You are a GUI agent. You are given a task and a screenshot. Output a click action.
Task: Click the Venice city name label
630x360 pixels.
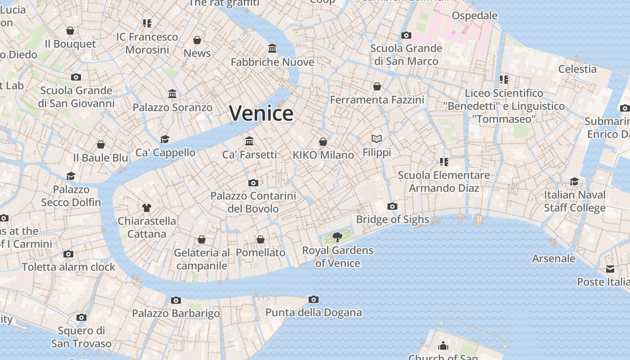tap(261, 113)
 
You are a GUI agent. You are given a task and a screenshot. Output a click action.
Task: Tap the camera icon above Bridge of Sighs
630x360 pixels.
tap(392, 206)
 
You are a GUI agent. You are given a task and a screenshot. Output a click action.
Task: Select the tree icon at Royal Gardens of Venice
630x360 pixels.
tap(337, 237)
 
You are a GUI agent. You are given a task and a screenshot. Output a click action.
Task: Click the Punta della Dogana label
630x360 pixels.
tap(314, 312)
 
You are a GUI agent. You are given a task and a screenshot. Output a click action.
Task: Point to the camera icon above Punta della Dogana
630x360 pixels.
tap(314, 299)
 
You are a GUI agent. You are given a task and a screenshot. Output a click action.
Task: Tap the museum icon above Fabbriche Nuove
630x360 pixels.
tap(272, 48)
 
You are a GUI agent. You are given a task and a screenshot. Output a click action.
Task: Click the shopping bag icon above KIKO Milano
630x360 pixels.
tap(323, 142)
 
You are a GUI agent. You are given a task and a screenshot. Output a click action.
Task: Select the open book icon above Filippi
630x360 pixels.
tap(377, 139)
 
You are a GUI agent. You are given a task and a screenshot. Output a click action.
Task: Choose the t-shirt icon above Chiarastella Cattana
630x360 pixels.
tap(147, 207)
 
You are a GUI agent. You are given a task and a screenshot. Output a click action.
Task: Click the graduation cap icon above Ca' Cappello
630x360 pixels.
tap(165, 139)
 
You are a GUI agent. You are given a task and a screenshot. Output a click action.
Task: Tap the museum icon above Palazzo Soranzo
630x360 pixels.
tap(172, 94)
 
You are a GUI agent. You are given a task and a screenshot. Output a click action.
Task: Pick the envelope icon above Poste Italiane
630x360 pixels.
tap(610, 269)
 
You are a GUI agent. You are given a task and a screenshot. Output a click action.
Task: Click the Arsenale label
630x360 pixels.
tap(553, 258)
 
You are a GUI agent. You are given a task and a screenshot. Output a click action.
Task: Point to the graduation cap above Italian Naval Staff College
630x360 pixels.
tap(575, 181)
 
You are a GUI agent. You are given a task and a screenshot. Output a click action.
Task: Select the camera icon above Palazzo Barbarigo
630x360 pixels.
tap(176, 300)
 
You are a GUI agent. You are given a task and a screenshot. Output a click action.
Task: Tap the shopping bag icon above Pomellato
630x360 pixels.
tap(261, 239)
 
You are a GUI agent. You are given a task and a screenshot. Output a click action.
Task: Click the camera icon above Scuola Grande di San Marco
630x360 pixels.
tap(406, 35)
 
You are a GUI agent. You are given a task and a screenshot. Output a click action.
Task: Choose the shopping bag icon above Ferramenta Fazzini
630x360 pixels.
tap(377, 86)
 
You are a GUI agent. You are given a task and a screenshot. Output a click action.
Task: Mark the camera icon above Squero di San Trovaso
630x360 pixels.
tap(81, 317)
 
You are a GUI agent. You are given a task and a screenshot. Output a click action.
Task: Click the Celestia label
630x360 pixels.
tap(577, 69)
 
